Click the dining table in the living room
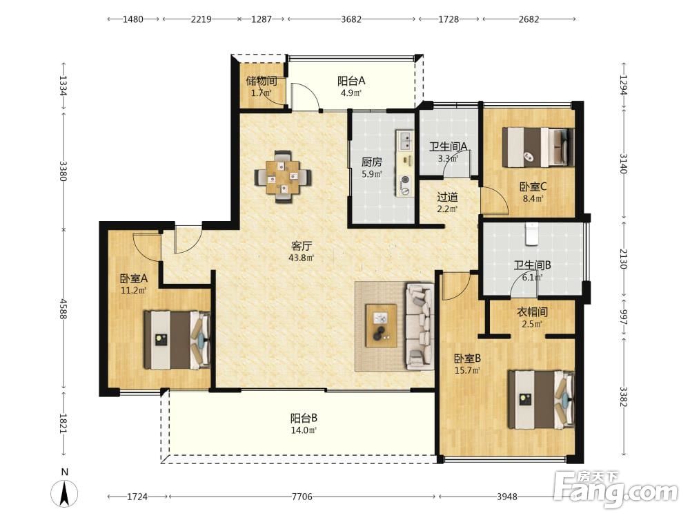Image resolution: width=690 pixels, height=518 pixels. tap(284, 177)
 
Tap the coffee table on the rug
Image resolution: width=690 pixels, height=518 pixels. tap(381, 325)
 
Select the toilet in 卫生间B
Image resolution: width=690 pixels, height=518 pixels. tap(532, 233)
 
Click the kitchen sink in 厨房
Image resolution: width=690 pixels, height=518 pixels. tap(404, 140)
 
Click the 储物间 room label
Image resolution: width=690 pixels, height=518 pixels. tap(262, 81)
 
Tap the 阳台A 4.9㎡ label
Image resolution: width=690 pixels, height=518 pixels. tap(351, 86)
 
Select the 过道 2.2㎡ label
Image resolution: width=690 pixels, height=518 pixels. tap(448, 202)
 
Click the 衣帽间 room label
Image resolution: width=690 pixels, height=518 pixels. tap(532, 312)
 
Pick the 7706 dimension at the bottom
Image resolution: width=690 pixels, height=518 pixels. tap(302, 497)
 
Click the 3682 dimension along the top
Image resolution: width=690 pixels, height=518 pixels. tap(351, 19)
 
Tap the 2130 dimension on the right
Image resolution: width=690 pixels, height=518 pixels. tap(623, 258)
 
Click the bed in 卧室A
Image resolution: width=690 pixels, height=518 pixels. tap(177, 340)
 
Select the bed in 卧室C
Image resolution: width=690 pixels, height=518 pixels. tap(539, 147)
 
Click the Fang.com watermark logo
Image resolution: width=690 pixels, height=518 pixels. tap(616, 490)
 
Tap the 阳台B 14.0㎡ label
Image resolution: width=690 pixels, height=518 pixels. tap(304, 423)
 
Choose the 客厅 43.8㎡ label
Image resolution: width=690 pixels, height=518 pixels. tap(301, 251)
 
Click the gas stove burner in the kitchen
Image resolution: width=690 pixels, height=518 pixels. tap(404, 185)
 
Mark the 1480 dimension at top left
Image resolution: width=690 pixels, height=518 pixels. tap(133, 19)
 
